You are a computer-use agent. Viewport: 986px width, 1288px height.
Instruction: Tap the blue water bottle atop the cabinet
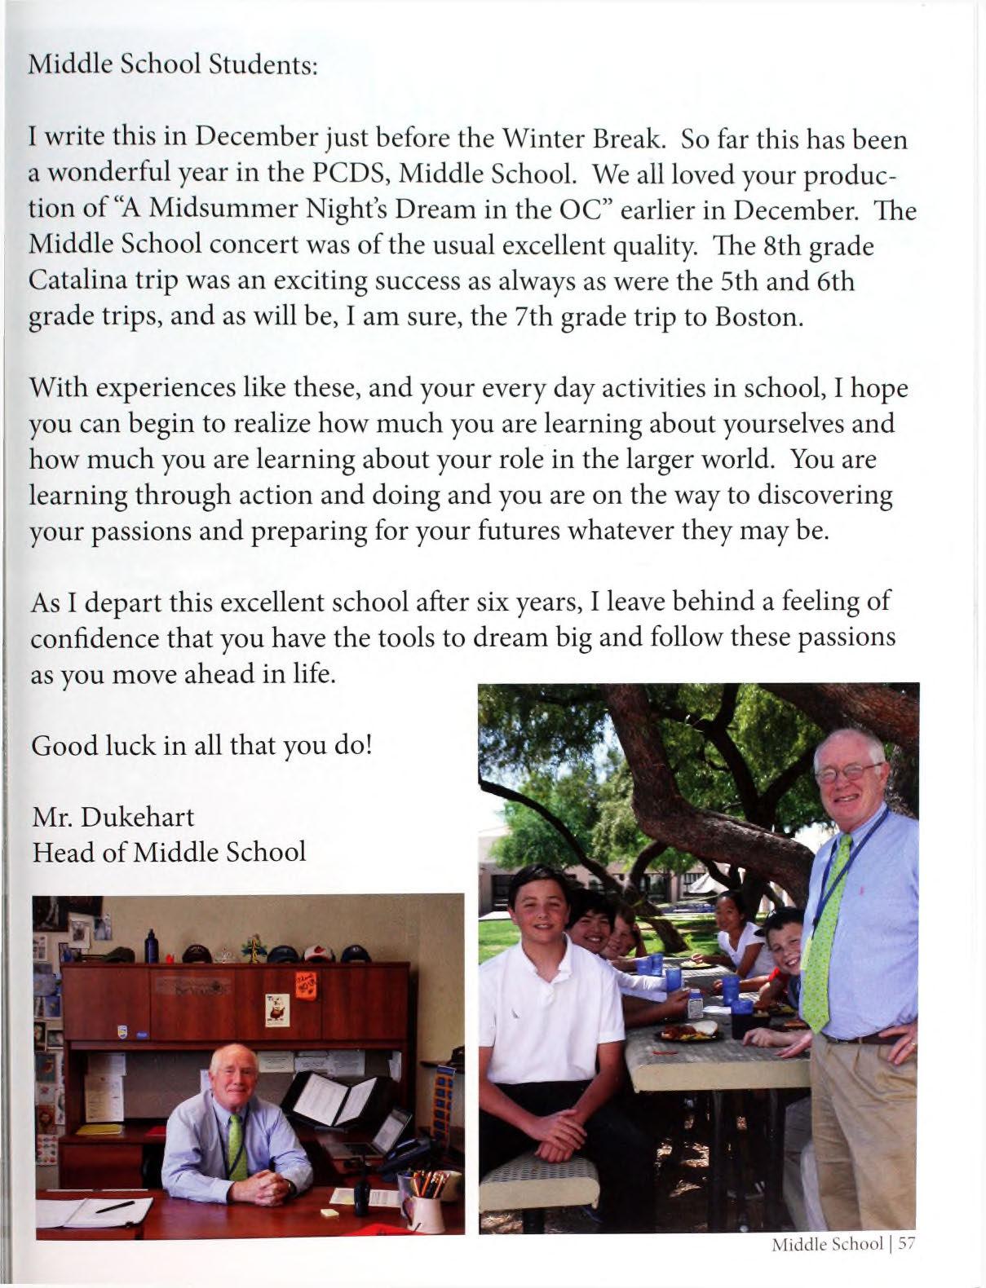click(x=149, y=946)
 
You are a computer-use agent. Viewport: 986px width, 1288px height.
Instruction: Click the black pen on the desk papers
click(x=114, y=1207)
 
